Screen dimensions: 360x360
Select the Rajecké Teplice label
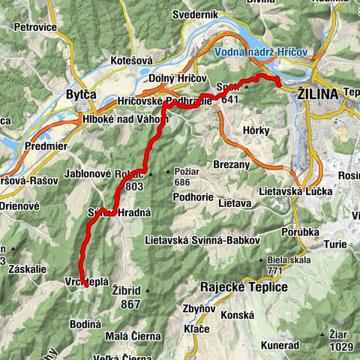coord(244,286)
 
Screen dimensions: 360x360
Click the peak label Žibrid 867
coord(130,297)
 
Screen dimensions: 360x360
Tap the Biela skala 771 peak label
coord(282,265)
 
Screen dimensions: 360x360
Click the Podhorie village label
coord(175,217)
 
